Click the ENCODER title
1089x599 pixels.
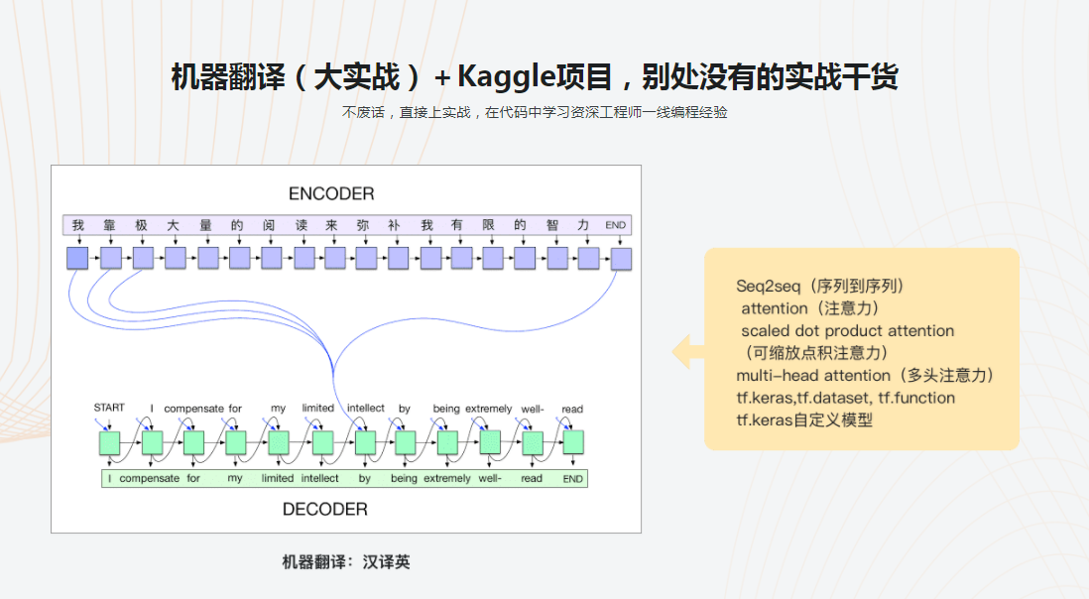pos(331,193)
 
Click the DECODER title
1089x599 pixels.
pos(325,509)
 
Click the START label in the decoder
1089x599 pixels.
pos(109,408)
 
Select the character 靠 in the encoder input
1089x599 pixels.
pos(109,225)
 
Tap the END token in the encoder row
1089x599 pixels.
pos(616,225)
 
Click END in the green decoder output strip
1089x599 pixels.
pos(572,478)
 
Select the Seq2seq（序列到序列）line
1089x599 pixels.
pos(820,286)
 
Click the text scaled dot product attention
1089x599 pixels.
pos(848,330)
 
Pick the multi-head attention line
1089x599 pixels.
pos(864,375)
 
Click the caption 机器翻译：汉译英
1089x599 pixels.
pos(346,562)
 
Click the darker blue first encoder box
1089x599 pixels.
pos(77,259)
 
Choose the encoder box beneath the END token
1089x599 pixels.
pos(621,259)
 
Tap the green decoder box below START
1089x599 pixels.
pos(109,442)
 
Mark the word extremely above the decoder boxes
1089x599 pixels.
pos(488,409)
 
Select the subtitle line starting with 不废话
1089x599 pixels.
pos(535,113)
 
